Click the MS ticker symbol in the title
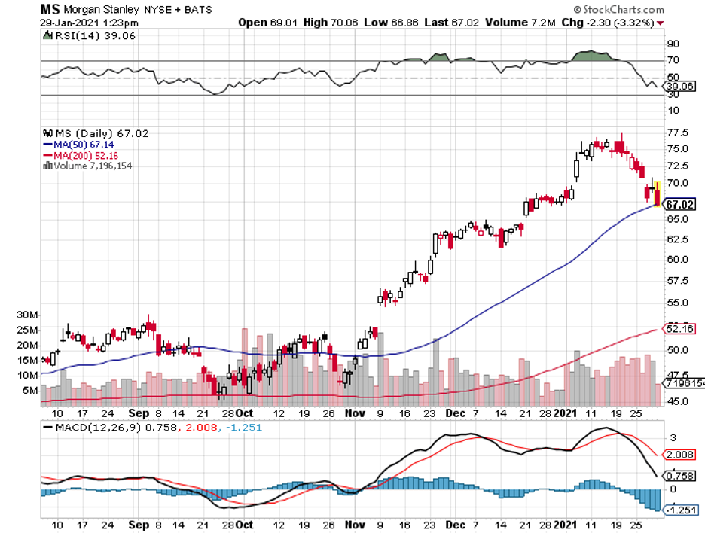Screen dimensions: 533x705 50,10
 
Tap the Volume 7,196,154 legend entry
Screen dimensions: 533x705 88,165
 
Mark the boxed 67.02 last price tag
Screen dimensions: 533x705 680,204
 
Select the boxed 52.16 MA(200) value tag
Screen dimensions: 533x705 679,328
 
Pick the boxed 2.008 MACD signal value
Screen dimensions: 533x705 680,455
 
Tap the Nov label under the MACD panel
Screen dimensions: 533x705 354,524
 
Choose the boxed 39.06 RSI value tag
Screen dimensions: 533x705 679,87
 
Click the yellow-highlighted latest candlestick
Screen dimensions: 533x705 658,193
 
